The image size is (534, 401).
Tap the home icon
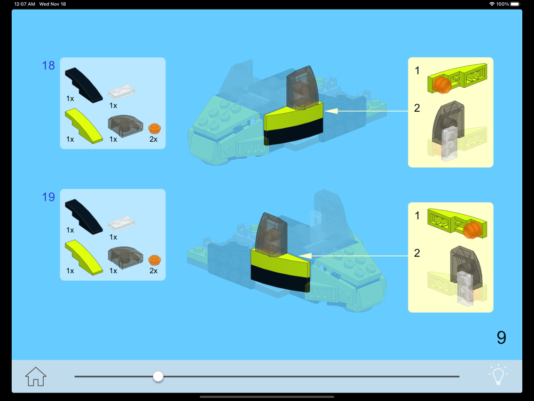tap(36, 376)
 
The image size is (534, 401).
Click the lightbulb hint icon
tap(498, 374)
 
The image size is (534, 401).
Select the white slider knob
tap(158, 376)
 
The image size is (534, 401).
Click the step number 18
tap(49, 65)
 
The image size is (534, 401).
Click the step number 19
tap(49, 197)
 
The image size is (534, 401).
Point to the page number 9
tap(501, 337)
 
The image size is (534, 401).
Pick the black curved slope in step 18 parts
tap(83, 85)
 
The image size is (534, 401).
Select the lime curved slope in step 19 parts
tap(83, 258)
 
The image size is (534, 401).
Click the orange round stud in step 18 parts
tap(155, 128)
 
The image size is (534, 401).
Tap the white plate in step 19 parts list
tap(122, 223)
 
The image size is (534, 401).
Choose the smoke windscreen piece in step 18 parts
tap(125, 126)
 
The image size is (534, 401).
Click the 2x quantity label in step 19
tap(153, 271)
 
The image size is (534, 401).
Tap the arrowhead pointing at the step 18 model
tap(331, 111)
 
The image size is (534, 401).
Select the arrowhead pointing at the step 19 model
tap(305, 256)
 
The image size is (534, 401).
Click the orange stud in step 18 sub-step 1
tap(442, 84)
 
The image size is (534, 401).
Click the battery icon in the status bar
tap(515, 4)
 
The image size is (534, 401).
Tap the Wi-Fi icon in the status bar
tap(492, 4)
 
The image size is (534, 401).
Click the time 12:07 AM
tap(25, 4)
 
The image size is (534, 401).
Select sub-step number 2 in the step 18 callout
tap(417, 108)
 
